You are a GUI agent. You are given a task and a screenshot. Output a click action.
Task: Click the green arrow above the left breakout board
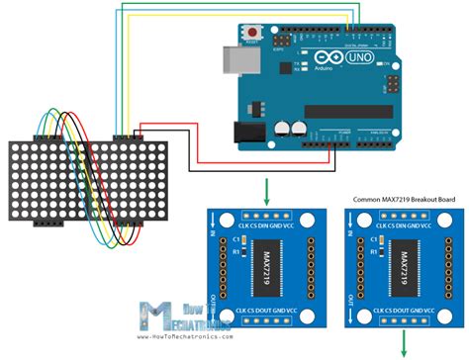point(266,191)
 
